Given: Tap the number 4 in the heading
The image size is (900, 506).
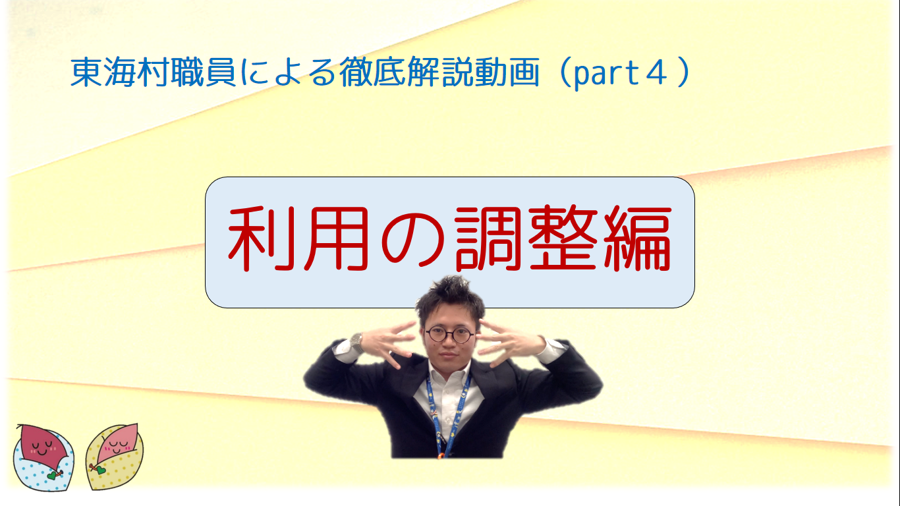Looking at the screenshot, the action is (x=656, y=72).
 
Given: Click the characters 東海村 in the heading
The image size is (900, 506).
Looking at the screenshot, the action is (x=120, y=72).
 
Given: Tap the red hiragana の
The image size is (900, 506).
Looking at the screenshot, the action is (x=412, y=240).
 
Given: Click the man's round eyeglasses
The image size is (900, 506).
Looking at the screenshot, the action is (x=450, y=335).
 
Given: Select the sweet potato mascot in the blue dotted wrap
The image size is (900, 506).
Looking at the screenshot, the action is (x=43, y=457).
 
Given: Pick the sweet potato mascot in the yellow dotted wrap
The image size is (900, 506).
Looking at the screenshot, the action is (x=115, y=457).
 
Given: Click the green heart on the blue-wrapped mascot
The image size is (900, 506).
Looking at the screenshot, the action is (x=52, y=476).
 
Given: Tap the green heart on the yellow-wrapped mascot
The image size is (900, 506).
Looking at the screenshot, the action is (x=100, y=470).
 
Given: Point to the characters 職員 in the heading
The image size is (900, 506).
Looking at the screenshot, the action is (x=204, y=72).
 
